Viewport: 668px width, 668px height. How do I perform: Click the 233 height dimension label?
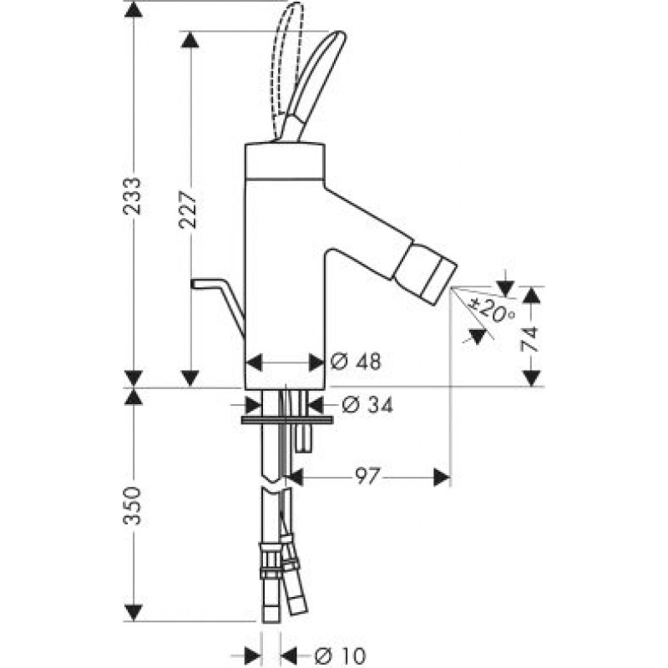[132, 195]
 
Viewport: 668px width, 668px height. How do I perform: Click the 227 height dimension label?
[188, 210]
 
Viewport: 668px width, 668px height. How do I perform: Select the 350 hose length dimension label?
[132, 506]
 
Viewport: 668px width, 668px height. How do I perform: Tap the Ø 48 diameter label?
[356, 362]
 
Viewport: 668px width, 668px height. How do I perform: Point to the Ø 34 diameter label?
[367, 405]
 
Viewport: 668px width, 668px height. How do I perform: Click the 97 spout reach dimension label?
[367, 477]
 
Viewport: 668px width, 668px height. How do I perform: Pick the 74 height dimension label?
[530, 339]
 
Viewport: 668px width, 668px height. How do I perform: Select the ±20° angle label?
[492, 311]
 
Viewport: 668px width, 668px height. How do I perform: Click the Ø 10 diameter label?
[340, 655]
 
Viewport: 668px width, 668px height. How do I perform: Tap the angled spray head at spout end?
[426, 272]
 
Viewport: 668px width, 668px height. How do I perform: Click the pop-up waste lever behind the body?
[218, 307]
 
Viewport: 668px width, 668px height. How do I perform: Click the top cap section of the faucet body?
[286, 160]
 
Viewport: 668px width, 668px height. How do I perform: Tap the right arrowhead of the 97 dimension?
[442, 477]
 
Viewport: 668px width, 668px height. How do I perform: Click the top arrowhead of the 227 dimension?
[190, 39]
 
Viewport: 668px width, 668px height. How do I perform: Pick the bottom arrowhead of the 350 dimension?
[134, 613]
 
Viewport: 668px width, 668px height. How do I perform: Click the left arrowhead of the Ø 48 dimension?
[255, 362]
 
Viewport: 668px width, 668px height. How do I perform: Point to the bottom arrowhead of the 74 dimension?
[531, 378]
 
